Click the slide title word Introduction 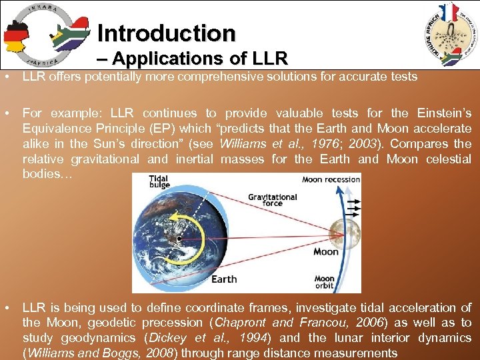[166, 33]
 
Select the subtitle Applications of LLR [196, 58]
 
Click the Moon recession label [330, 179]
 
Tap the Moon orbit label [325, 283]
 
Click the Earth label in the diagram [224, 279]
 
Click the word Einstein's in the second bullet [443, 113]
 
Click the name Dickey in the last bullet [158, 338]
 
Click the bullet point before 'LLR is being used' [6, 308]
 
